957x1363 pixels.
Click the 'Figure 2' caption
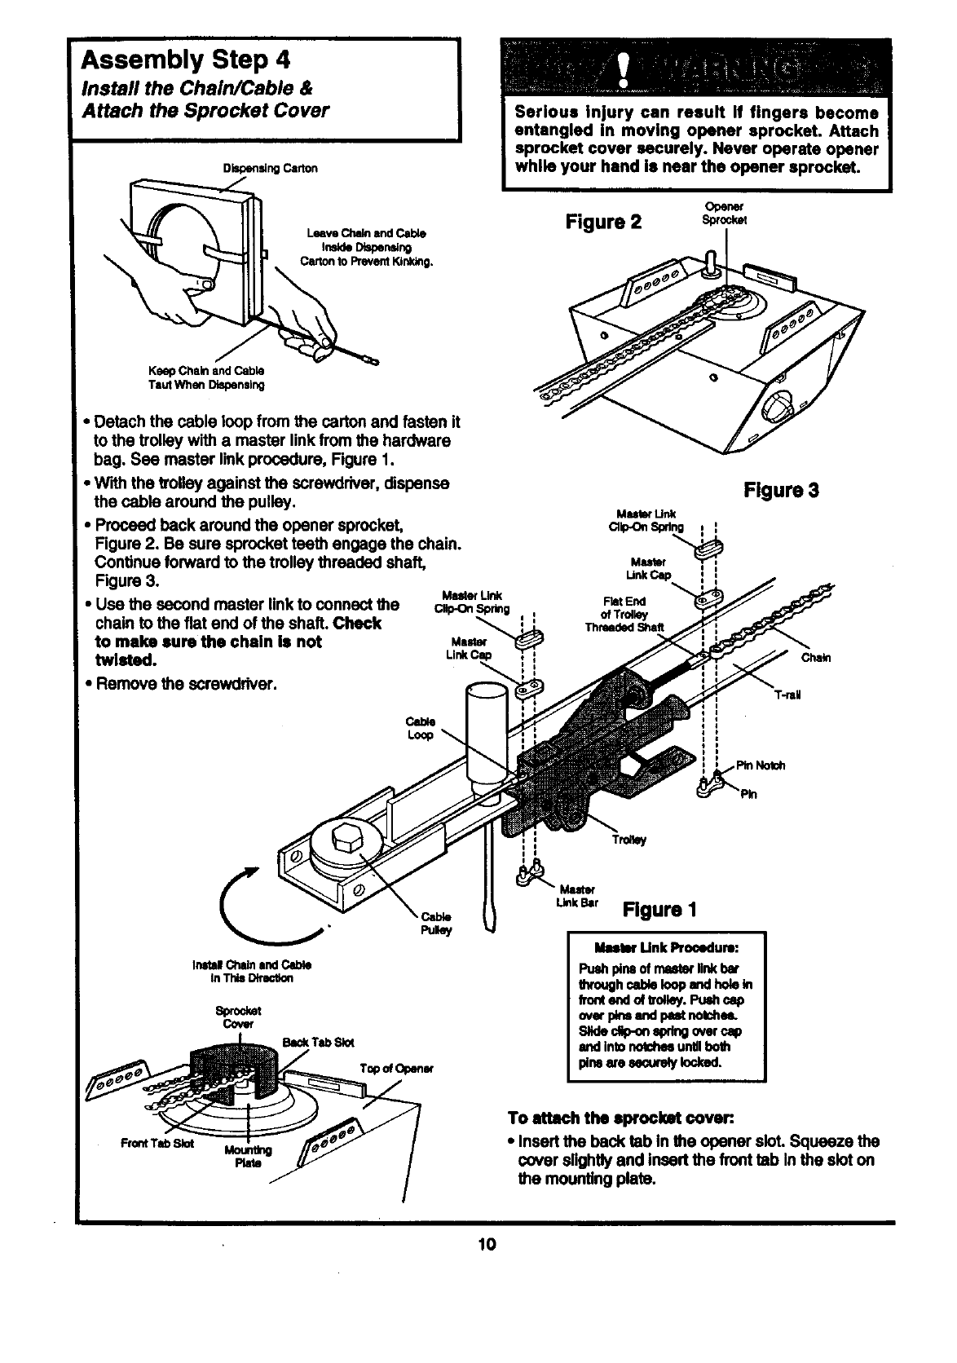(x=604, y=222)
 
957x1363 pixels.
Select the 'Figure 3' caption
(x=781, y=491)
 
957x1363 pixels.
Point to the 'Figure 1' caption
(x=660, y=910)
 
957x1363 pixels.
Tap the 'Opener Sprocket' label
(x=724, y=214)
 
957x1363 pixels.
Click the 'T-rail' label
(x=788, y=695)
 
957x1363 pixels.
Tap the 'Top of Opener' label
(x=396, y=1068)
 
